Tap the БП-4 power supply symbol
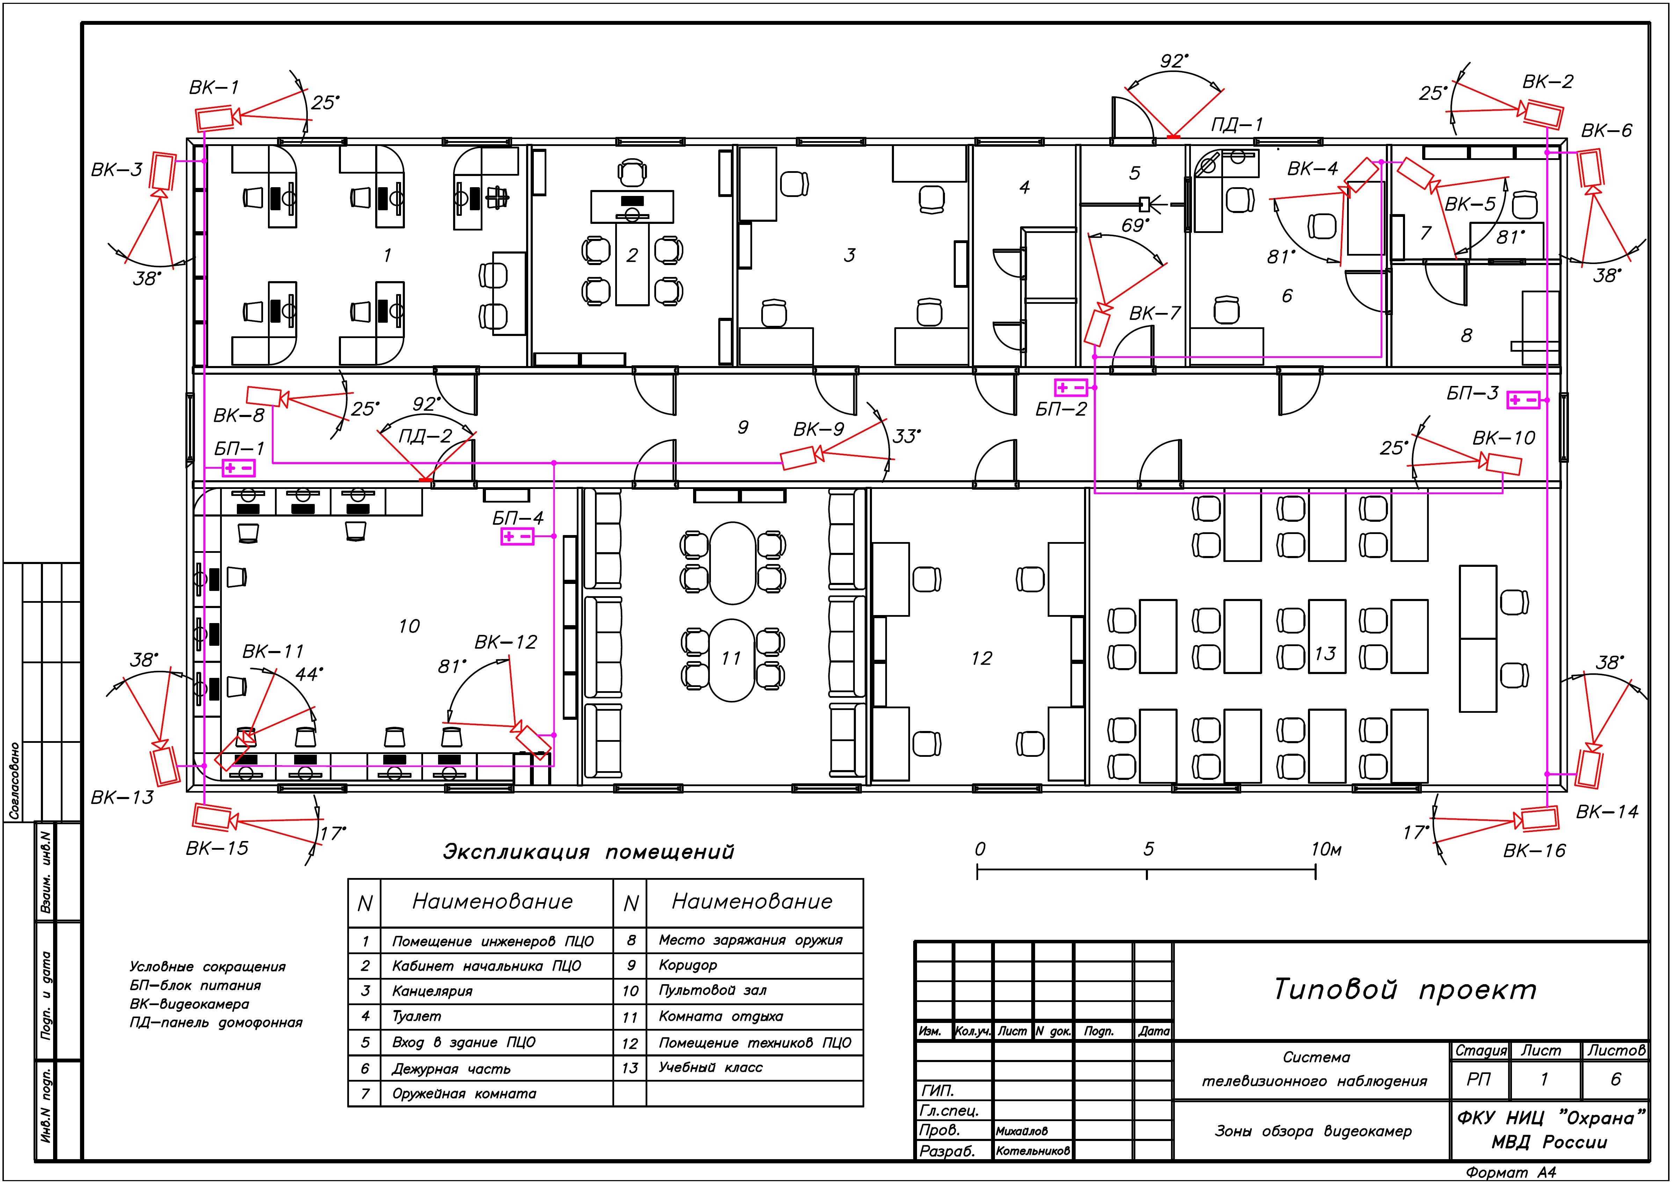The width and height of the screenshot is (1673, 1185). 517,537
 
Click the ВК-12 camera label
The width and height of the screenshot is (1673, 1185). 505,642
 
